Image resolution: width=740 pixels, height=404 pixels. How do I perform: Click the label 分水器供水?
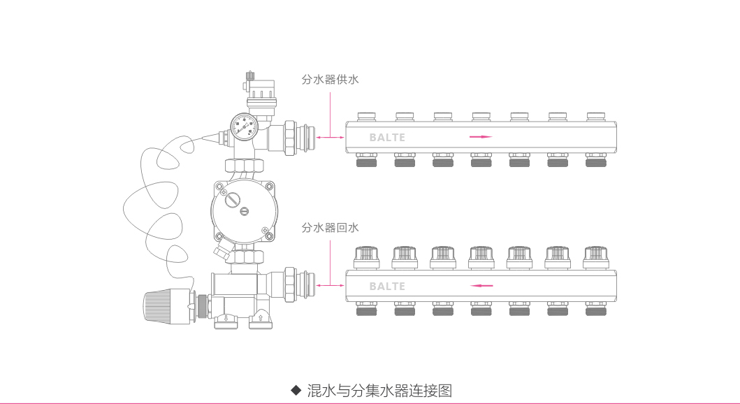coord(330,80)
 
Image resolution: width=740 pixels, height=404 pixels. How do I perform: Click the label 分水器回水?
coord(330,228)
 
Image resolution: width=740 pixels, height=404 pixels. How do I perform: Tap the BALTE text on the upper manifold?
coord(387,138)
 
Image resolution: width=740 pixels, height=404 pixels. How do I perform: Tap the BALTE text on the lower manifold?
coord(387,286)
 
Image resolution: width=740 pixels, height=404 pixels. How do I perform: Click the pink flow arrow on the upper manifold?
coord(481,137)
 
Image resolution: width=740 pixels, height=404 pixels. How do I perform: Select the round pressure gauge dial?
coord(244,126)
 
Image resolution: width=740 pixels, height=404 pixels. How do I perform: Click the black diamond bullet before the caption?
coord(296,390)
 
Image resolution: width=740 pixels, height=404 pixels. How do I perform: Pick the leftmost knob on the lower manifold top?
coord(366,257)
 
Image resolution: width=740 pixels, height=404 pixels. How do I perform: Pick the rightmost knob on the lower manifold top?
coord(595,257)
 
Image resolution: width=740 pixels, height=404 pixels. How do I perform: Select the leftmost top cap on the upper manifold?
coord(366,116)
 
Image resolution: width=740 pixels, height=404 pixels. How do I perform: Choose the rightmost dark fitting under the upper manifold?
coord(595,162)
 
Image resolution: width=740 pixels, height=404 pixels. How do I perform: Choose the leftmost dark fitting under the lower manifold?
coord(366,310)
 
